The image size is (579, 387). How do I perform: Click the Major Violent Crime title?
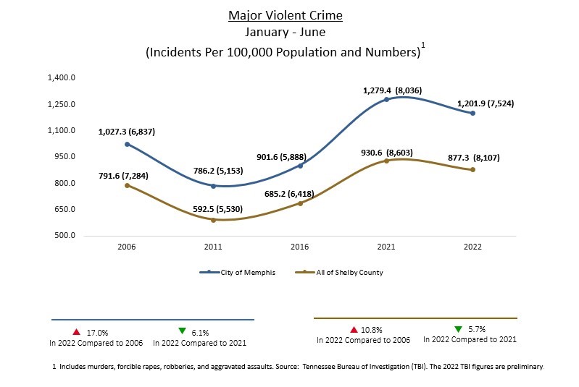[x=285, y=15]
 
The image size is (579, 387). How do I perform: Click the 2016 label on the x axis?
[x=299, y=247]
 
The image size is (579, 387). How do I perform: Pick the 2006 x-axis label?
[x=127, y=247]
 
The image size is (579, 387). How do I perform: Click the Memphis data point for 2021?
[x=386, y=99]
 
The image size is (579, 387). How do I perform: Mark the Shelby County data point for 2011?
[x=213, y=220]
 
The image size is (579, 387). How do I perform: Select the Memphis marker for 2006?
[x=127, y=144]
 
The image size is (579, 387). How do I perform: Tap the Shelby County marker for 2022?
[x=472, y=170]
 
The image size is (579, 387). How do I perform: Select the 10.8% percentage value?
[x=371, y=329]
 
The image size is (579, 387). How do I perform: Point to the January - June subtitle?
[x=285, y=33]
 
